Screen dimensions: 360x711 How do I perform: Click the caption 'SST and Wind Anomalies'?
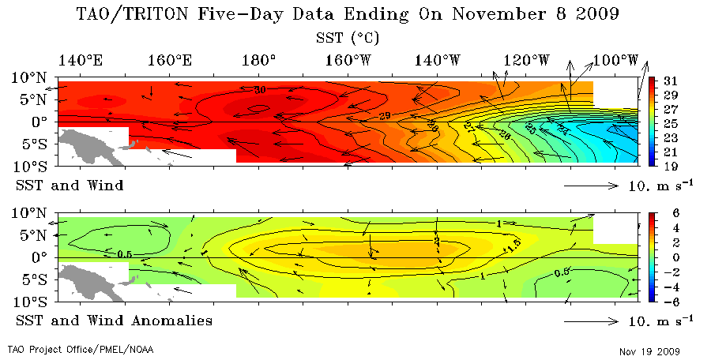coord(114,321)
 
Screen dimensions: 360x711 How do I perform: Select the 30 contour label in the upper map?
coord(260,90)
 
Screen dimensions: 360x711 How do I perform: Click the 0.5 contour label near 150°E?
coord(124,254)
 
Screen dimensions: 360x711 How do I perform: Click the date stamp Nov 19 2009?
coord(649,351)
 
